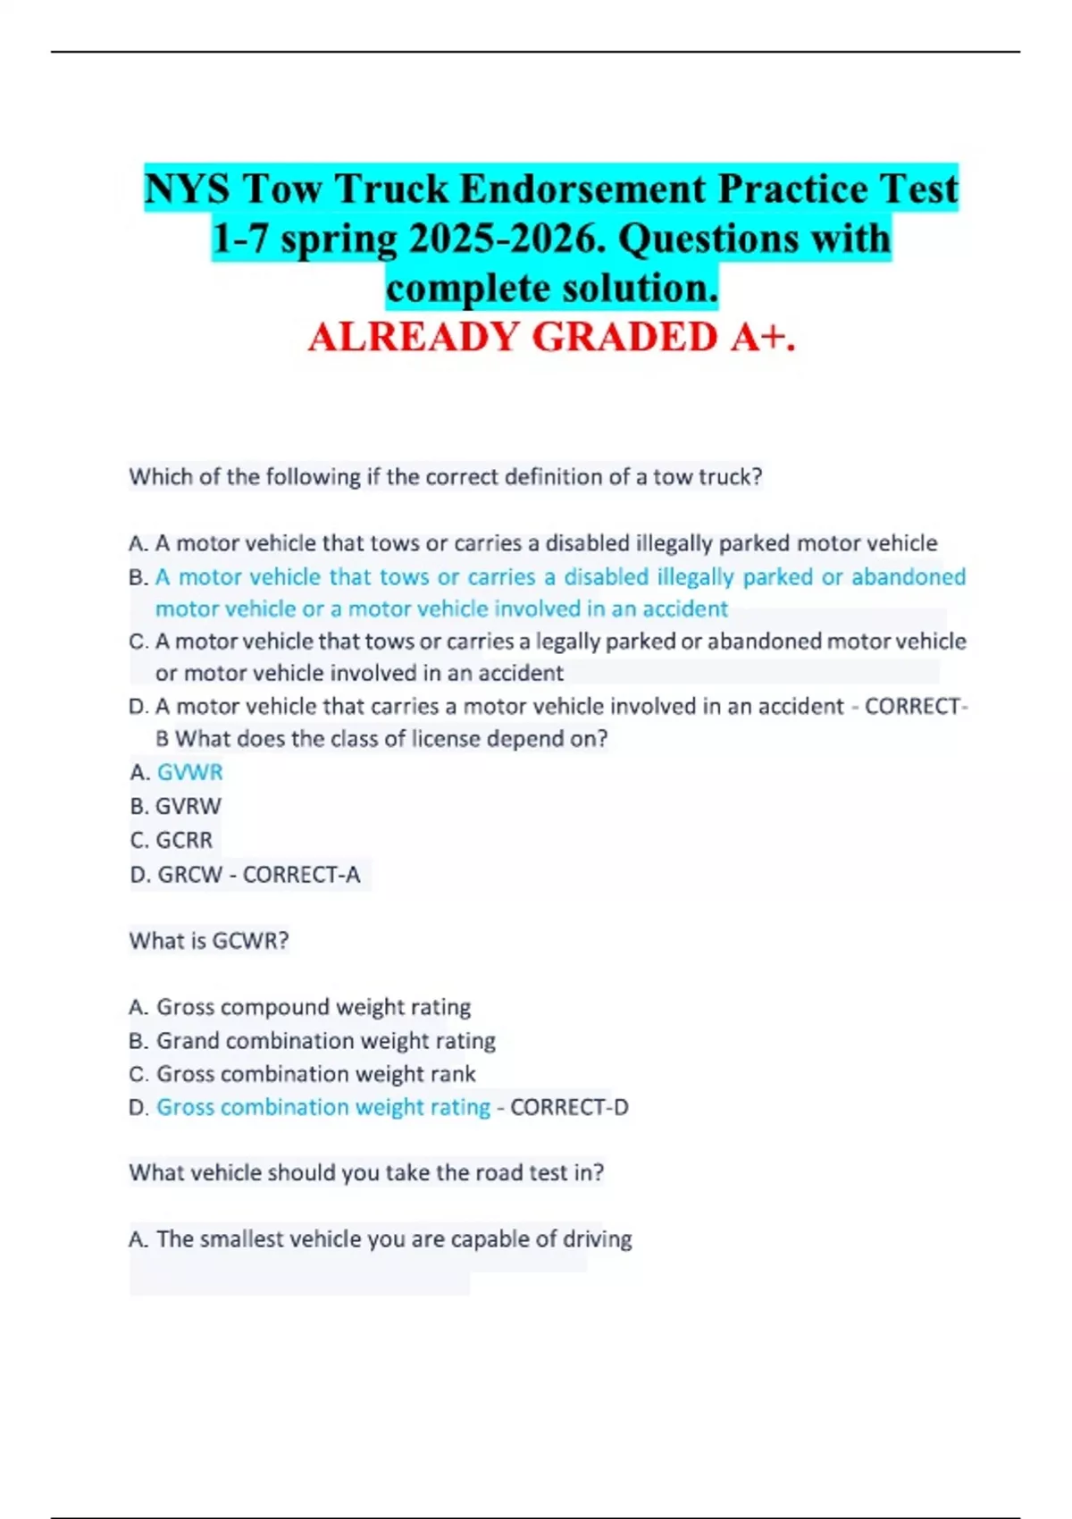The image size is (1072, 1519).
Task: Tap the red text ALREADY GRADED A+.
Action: (x=551, y=337)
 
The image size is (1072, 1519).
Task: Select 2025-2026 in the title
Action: (x=505, y=239)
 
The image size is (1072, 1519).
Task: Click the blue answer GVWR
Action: (x=189, y=772)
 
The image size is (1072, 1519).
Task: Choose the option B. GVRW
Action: (x=175, y=806)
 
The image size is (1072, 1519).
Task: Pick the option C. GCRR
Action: (x=172, y=840)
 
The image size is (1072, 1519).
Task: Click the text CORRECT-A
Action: (x=301, y=874)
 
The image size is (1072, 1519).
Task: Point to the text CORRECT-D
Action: (x=569, y=1107)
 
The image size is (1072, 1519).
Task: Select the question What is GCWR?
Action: (x=209, y=941)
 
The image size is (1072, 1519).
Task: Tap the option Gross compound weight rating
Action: (x=313, y=1007)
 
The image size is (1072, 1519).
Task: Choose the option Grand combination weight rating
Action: (x=325, y=1041)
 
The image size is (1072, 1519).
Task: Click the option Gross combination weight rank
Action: (x=315, y=1074)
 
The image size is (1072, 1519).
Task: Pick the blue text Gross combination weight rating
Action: (x=323, y=1107)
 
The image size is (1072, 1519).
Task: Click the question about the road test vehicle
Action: (x=366, y=1172)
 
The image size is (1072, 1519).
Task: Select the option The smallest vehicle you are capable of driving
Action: (x=393, y=1239)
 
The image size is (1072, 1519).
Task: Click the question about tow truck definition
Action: (x=445, y=477)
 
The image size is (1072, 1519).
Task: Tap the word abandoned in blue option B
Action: (x=908, y=577)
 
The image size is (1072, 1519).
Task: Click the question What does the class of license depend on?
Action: (x=391, y=739)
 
